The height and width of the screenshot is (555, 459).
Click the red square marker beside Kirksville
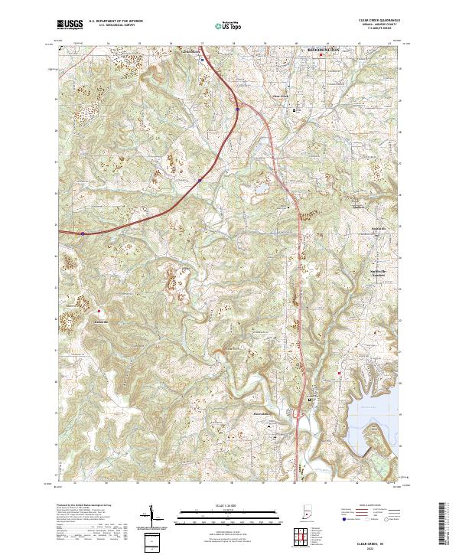pos(99,311)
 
